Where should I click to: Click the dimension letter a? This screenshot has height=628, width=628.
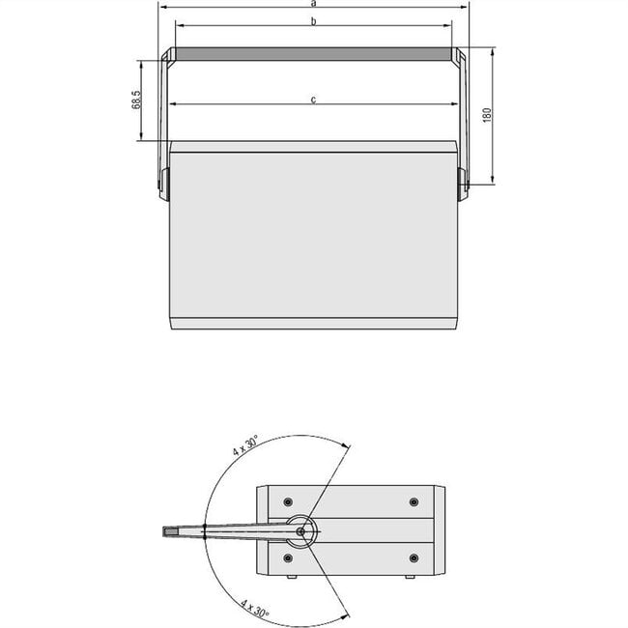[x=314, y=4]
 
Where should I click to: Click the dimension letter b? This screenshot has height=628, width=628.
[x=314, y=20]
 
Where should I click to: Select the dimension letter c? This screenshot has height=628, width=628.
[x=314, y=99]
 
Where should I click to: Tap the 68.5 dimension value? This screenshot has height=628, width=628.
[x=138, y=100]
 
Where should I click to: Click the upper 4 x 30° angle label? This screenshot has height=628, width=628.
[x=244, y=445]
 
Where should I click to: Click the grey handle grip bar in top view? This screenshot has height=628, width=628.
[x=313, y=55]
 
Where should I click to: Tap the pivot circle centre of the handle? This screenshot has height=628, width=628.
[x=302, y=530]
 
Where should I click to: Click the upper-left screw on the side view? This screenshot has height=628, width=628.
[x=288, y=501]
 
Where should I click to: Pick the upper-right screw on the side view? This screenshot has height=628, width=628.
[x=414, y=501]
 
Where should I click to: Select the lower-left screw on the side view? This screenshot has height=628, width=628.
[x=288, y=558]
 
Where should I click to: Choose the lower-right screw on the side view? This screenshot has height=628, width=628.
[x=414, y=558]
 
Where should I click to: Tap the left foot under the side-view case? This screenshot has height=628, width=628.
[x=291, y=577]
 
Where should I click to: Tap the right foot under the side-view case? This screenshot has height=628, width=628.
[x=411, y=577]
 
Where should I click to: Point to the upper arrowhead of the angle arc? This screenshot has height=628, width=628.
[x=342, y=443]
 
